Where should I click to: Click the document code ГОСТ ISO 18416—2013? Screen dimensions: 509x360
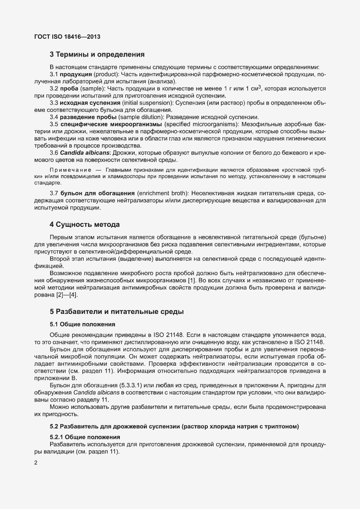coord(67,37)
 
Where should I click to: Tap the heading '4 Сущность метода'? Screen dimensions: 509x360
coord(85,225)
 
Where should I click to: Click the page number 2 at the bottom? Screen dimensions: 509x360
coord(36,475)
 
